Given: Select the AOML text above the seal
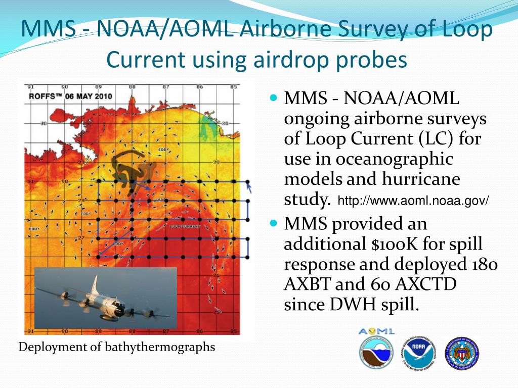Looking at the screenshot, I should tap(376, 331).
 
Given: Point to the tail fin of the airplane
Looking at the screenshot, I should tap(95, 286).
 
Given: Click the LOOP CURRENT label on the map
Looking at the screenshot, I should tap(186, 227).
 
